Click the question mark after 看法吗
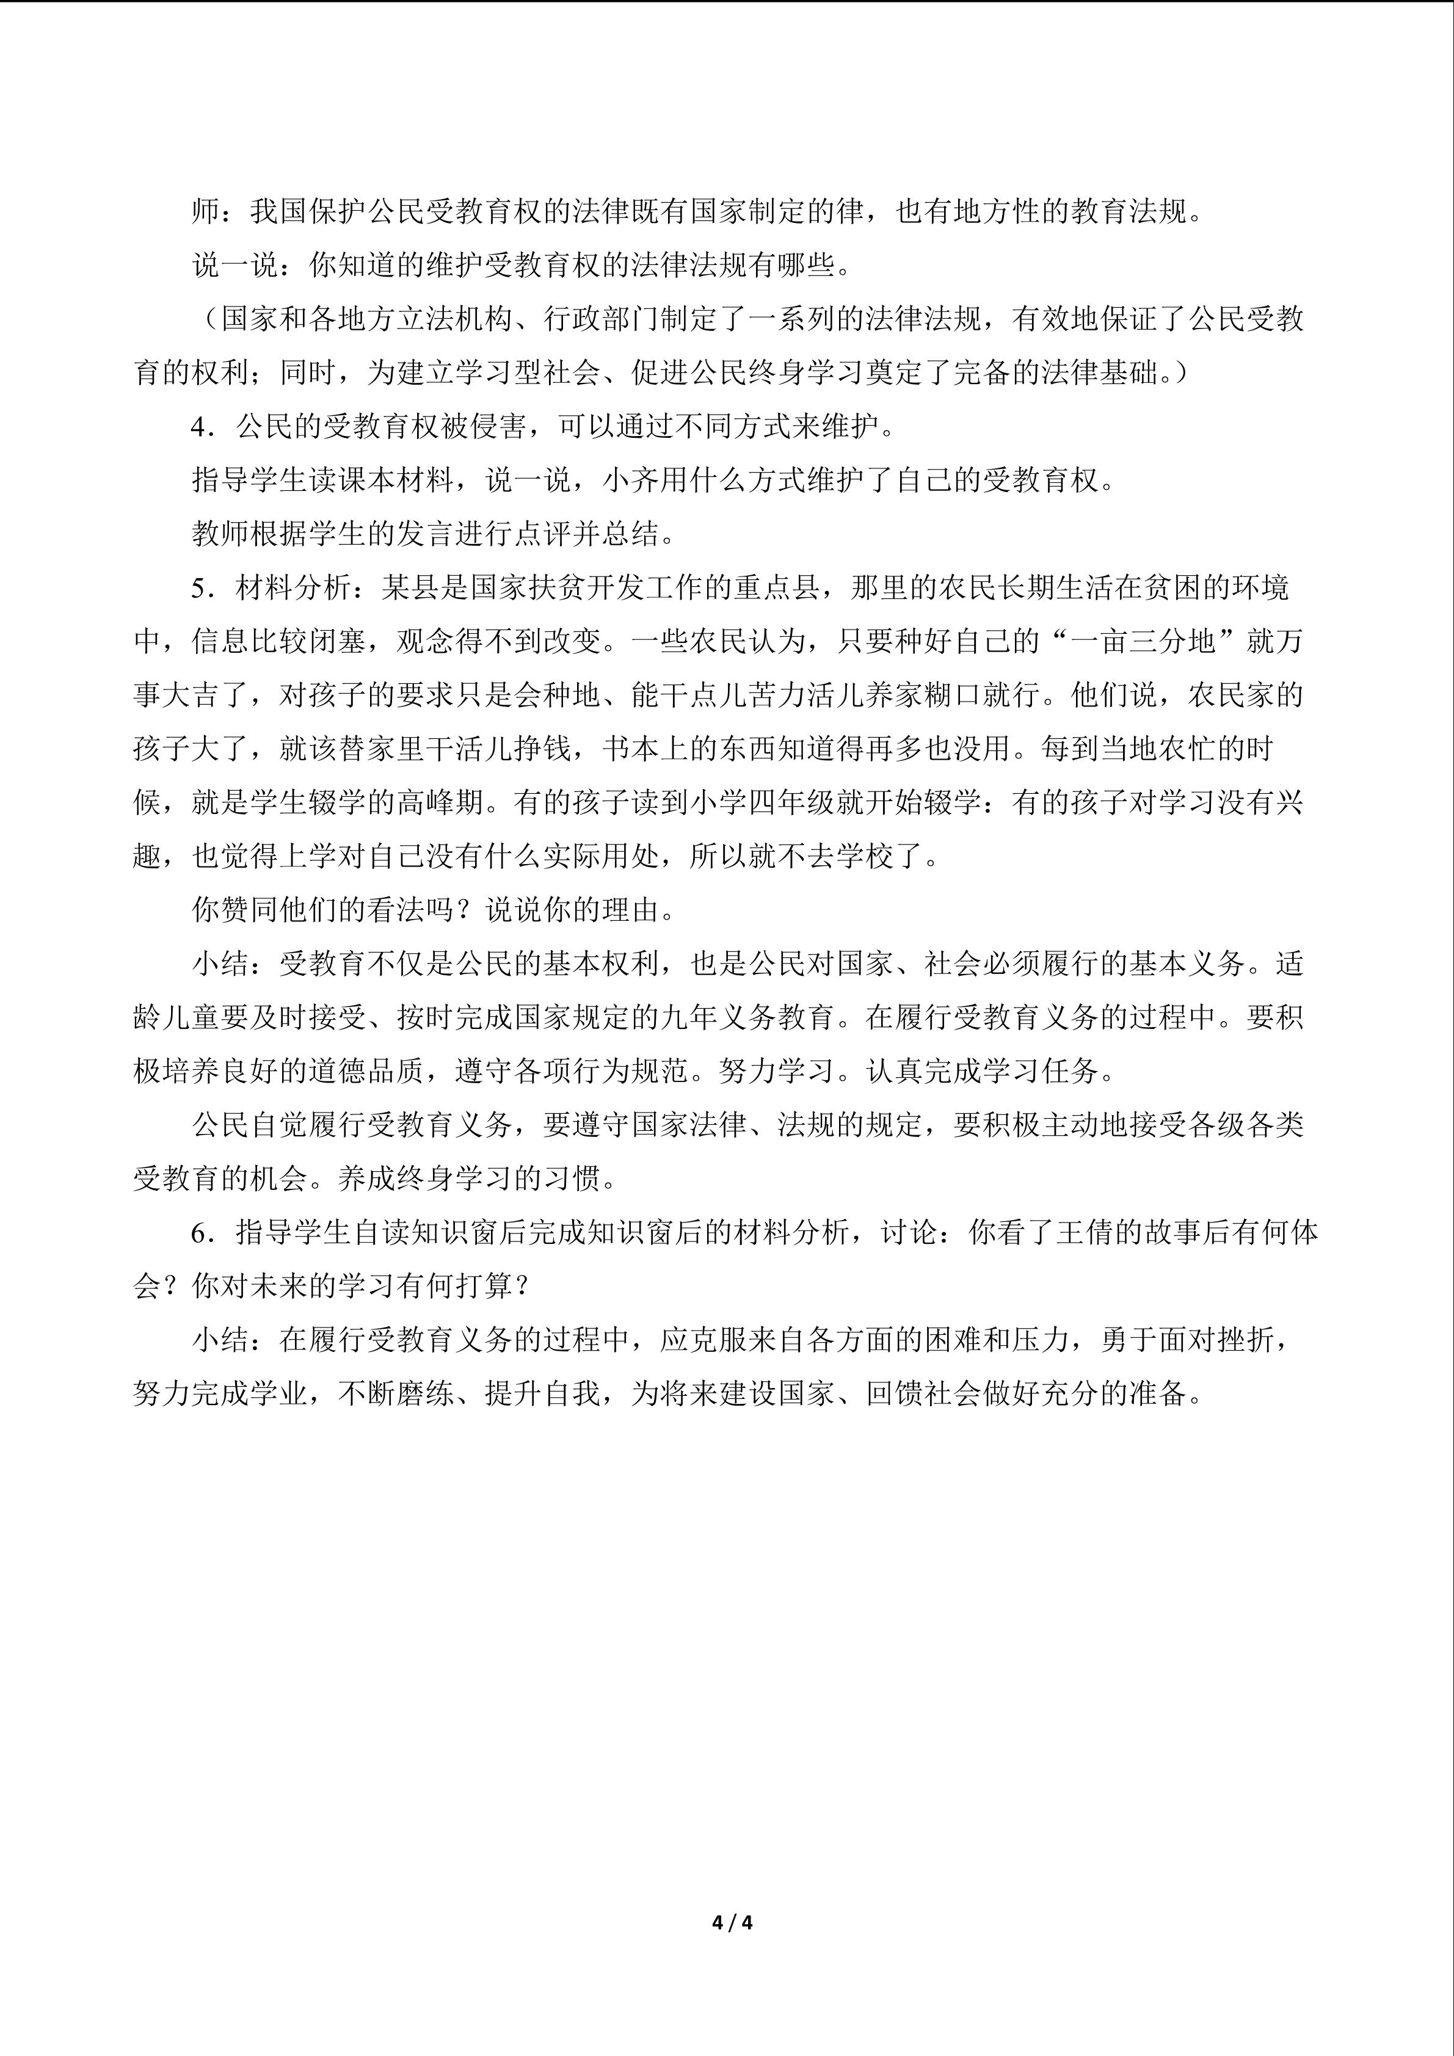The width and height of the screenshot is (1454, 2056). pos(469,910)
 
